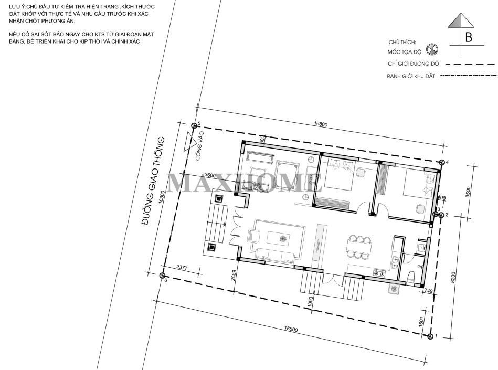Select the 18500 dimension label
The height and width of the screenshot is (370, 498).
(291, 330)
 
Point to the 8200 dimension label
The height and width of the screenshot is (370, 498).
(452, 277)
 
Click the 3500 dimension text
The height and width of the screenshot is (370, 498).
(468, 192)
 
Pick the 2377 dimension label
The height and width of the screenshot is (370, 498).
(182, 268)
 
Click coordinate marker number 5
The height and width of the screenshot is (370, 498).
(194, 126)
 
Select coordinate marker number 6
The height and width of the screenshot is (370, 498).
(162, 276)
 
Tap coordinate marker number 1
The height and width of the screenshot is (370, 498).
(430, 336)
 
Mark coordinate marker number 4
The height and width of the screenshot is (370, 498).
(442, 163)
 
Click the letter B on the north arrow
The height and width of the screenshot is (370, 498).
(469, 37)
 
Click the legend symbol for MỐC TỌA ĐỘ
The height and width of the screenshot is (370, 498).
(432, 49)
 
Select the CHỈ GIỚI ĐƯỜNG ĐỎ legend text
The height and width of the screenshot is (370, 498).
(413, 64)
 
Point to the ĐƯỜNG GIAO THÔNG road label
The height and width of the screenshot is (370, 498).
(154, 181)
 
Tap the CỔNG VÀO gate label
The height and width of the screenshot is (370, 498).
(199, 146)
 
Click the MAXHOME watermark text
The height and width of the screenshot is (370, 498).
(245, 183)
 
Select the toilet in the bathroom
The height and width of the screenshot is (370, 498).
(411, 276)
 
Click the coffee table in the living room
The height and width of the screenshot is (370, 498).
(278, 238)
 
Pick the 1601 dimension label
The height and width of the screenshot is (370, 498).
(421, 321)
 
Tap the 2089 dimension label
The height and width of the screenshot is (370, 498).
(234, 276)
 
